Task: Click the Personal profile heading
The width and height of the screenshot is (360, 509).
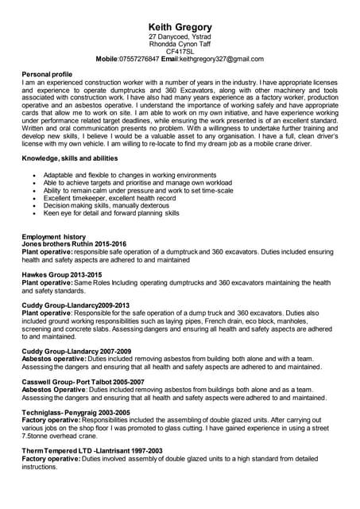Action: tap(47, 73)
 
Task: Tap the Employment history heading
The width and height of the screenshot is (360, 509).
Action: tap(54, 237)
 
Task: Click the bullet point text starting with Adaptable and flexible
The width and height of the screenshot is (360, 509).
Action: tap(130, 175)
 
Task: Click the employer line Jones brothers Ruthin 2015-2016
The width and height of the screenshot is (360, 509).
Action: tap(75, 244)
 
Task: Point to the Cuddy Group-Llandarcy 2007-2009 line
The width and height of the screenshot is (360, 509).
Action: tap(77, 351)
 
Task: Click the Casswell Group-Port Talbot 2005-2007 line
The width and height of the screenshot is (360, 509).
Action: tap(83, 382)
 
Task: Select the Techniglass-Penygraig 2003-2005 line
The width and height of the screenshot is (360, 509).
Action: tap(75, 413)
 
